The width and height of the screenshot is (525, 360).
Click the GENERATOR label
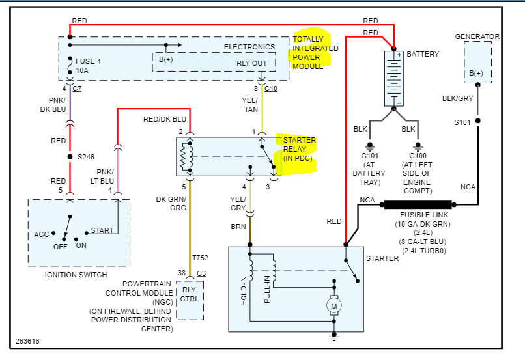tap(477, 36)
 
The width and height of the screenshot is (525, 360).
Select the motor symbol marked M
tap(334, 305)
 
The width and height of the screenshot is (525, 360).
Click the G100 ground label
tap(417, 156)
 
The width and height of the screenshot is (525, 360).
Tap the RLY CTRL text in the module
tap(190, 295)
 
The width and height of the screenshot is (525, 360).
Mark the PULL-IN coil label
tap(267, 288)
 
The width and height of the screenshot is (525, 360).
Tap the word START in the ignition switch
tap(102, 230)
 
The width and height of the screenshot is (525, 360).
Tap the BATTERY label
tap(423, 54)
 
